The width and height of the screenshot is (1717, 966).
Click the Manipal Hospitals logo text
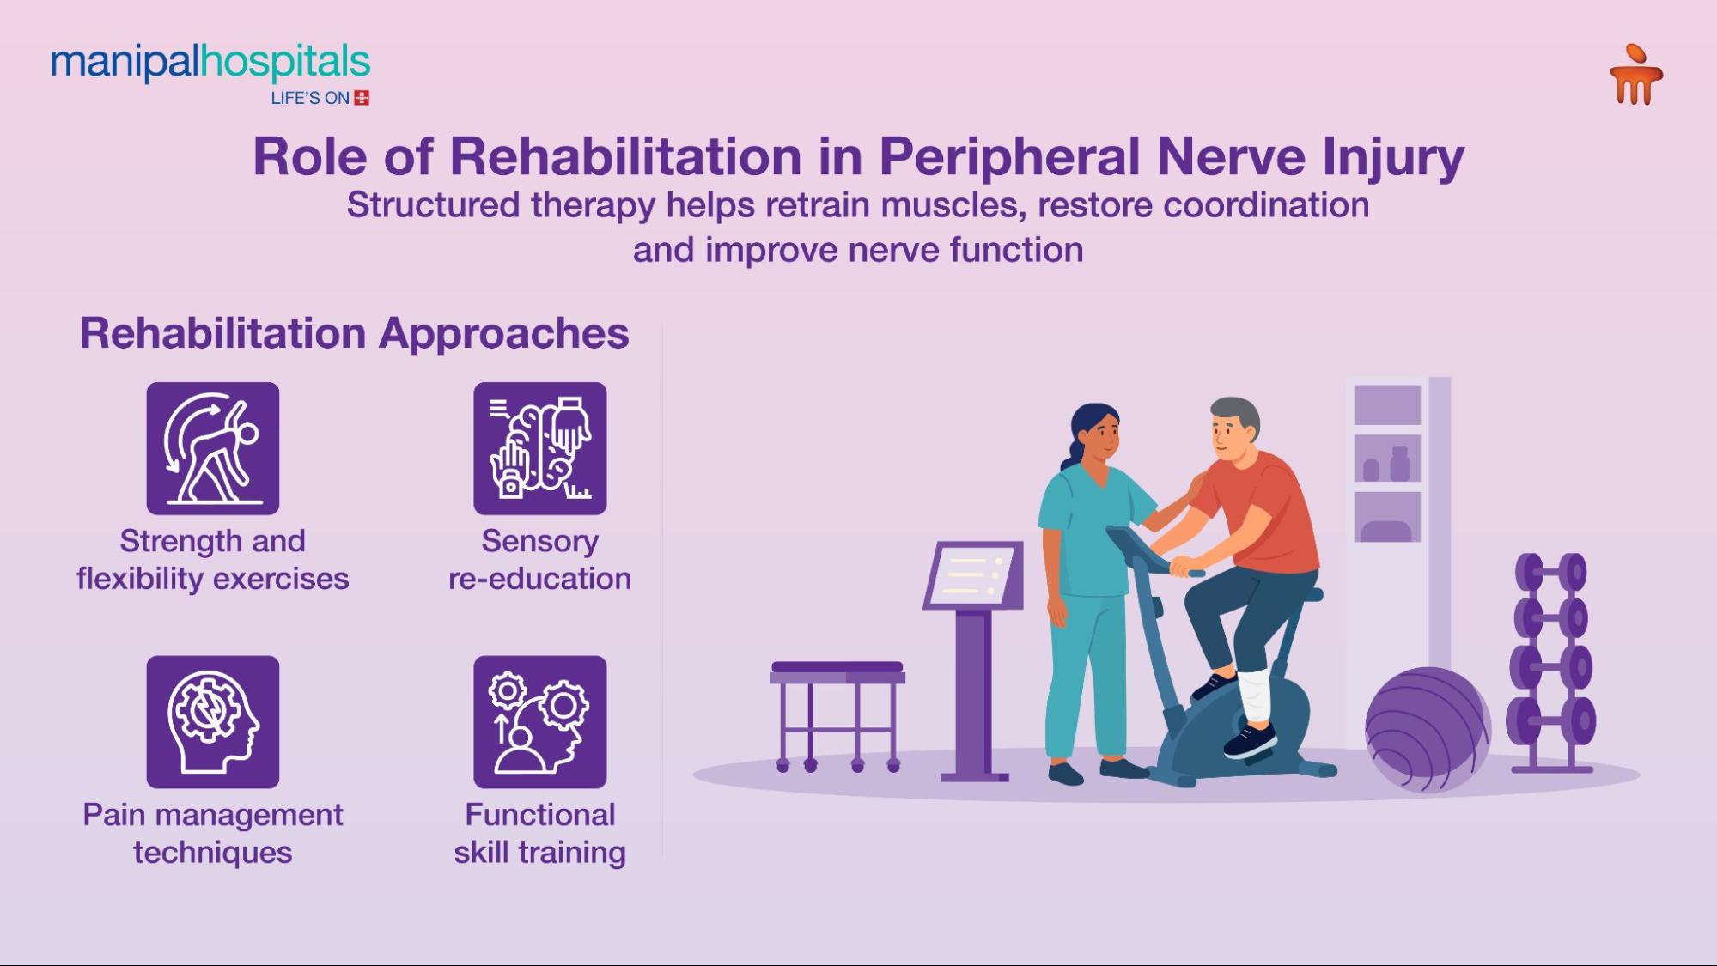point(210,63)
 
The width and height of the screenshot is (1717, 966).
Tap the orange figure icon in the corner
point(1636,75)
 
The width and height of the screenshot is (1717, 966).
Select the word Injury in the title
point(1393,157)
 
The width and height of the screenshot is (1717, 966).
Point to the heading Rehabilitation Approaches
point(354,333)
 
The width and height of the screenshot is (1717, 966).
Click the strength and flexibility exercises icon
point(213,448)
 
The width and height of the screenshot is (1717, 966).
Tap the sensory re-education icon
point(540,448)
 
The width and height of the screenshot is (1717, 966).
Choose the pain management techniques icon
point(213,722)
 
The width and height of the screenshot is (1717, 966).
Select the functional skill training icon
point(540,722)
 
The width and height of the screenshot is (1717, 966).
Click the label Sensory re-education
point(540,560)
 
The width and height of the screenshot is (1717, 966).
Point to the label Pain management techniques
point(213,833)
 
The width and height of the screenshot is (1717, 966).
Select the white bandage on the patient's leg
point(1255,696)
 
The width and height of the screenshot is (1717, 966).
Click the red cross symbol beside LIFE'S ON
point(362,98)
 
